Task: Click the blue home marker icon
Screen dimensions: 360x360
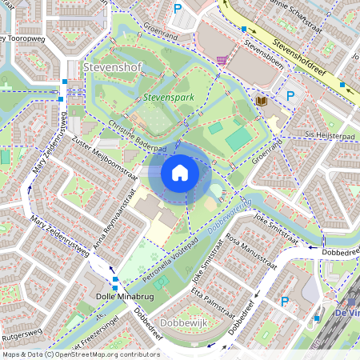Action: (180, 173)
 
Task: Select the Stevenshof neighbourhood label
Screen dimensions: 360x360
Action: (111, 67)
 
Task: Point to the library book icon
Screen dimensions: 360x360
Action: (261, 102)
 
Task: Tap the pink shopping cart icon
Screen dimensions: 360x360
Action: (221, 60)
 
